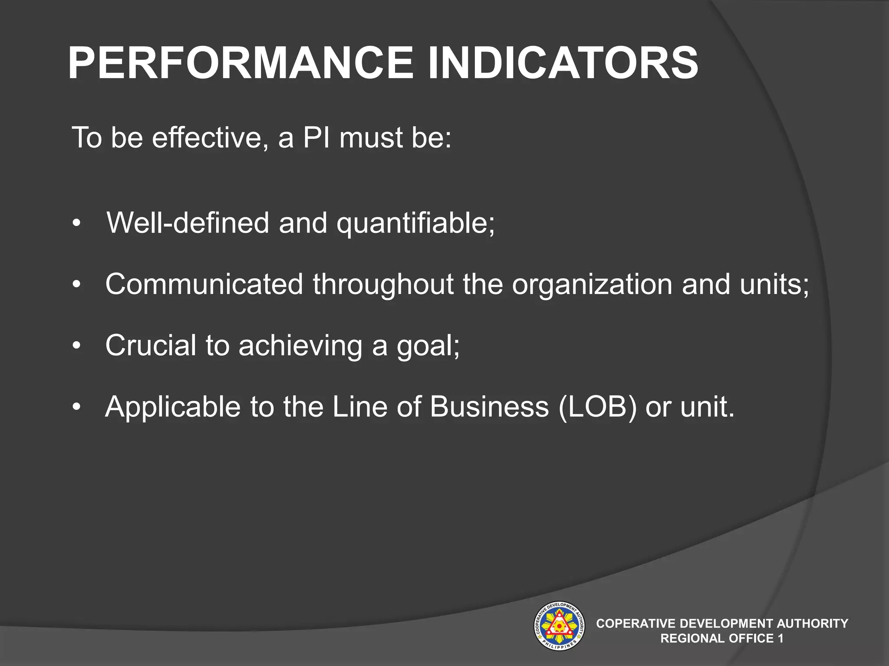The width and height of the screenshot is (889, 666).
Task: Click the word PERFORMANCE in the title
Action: (241, 64)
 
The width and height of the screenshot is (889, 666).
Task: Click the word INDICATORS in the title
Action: (563, 64)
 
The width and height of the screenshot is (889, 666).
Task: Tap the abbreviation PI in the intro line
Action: (316, 137)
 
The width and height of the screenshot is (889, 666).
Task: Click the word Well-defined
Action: (188, 222)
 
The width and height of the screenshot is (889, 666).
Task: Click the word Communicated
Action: (204, 284)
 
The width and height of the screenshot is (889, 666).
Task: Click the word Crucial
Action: (151, 346)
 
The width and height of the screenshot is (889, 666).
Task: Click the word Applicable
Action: (172, 407)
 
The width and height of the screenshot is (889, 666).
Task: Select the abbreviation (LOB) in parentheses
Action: (597, 407)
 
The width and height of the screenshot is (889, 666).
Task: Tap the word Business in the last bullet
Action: (489, 407)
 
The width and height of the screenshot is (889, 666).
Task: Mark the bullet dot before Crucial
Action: (77, 346)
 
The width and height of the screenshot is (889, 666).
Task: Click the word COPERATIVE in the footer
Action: (635, 624)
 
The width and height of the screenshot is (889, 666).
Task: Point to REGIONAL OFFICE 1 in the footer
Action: (721, 638)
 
